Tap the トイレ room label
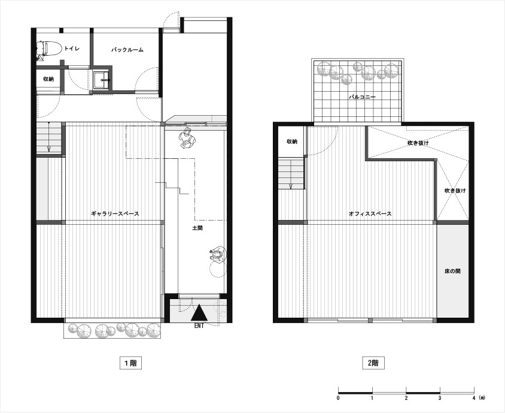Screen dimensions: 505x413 71,49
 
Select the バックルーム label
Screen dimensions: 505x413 127,50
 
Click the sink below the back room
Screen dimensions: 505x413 102,79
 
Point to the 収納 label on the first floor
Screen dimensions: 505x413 48,79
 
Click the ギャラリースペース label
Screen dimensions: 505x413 115,213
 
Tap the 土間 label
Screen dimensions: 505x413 197,228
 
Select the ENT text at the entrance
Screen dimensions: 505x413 199,326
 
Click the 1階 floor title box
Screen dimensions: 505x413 131,363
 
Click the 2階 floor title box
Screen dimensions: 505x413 373,363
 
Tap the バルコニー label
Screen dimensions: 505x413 361,97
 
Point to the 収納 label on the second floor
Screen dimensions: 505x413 292,141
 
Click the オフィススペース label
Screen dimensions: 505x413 370,213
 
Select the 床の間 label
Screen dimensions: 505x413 452,271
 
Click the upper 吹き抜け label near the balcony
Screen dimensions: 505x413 418,143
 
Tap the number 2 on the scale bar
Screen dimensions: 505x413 406,398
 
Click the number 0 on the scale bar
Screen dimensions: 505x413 338,398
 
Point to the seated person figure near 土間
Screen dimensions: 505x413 218,255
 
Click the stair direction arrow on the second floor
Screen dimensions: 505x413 291,186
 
